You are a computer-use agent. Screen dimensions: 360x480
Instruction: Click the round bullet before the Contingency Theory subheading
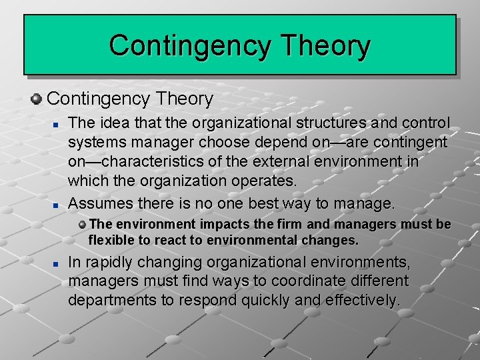click(x=37, y=99)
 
